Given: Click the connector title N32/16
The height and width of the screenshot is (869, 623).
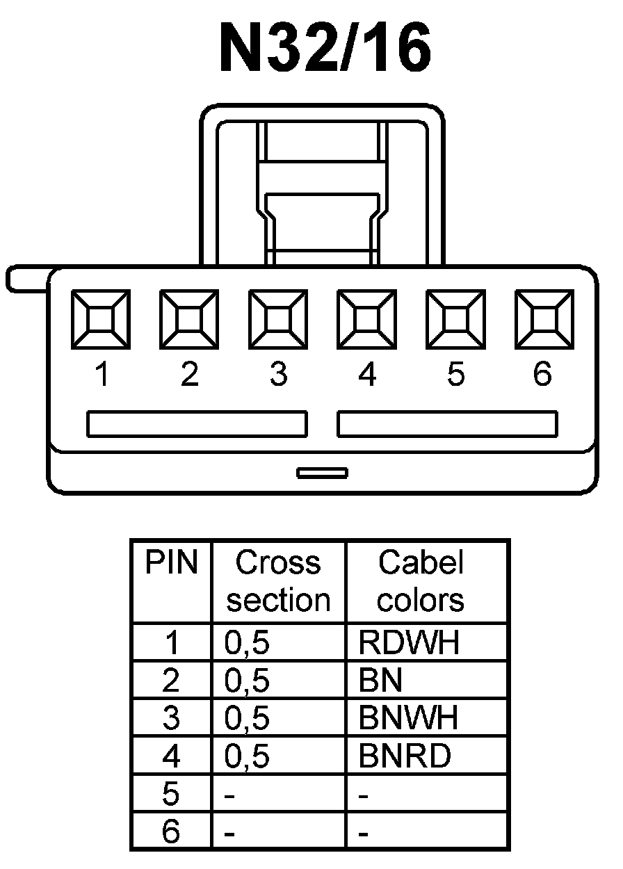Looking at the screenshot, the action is [325, 47].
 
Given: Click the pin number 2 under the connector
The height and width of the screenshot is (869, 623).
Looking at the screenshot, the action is [189, 375].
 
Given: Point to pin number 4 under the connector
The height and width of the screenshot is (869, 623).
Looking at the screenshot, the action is [366, 375].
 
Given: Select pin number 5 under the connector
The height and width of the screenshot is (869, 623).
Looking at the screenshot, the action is [455, 375].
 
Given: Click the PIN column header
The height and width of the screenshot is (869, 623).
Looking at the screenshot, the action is [171, 563].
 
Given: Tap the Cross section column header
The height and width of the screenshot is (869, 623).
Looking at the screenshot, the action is [278, 581].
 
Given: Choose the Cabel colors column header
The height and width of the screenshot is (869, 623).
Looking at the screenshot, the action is [421, 581].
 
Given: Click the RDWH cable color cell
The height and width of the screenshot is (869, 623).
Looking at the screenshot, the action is [409, 643].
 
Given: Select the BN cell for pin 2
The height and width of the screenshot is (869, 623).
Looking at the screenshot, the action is [380, 681].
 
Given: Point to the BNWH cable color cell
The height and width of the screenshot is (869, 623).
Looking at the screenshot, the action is [409, 718].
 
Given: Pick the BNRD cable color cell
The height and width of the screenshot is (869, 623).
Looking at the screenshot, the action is [405, 756].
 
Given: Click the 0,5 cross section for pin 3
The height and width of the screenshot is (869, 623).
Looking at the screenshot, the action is [247, 718].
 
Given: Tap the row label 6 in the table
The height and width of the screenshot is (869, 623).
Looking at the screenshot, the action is [171, 831].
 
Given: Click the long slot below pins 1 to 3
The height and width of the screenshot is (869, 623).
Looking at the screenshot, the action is [197, 424].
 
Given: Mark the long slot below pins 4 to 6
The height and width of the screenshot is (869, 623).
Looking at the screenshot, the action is [447, 424].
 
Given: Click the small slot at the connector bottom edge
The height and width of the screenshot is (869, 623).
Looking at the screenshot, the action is [322, 473].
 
